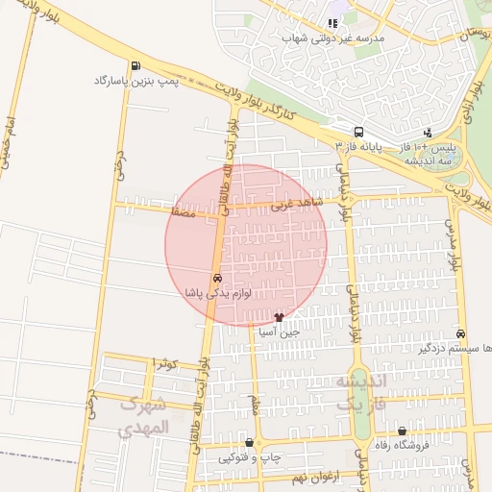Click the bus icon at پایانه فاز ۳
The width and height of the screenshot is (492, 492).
[x=358, y=133]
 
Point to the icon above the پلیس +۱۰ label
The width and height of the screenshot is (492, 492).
[x=428, y=133]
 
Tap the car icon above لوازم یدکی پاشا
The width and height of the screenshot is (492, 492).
[x=218, y=278]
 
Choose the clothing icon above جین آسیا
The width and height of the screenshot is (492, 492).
[x=280, y=315]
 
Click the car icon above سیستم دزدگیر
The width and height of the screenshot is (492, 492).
[x=461, y=333]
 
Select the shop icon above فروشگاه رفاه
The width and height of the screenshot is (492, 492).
[x=402, y=431]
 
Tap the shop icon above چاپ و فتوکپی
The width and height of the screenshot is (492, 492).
[x=250, y=443]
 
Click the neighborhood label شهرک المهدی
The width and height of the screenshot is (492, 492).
[x=143, y=415]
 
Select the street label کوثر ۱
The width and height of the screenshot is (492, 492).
[x=165, y=363]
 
